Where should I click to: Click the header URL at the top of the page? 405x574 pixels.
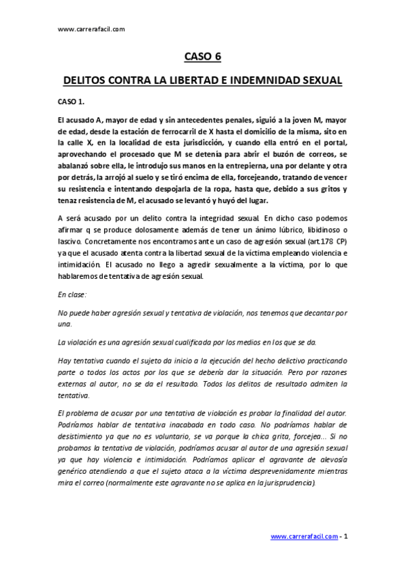(x=91, y=30)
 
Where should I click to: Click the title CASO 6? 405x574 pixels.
(x=202, y=58)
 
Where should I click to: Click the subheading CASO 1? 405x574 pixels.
(x=71, y=102)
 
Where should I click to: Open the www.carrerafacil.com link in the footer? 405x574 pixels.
(x=304, y=537)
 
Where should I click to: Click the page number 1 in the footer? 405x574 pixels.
(x=346, y=537)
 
